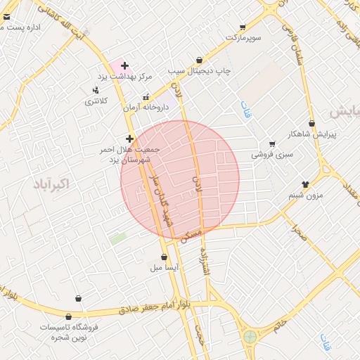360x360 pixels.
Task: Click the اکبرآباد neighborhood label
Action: pyautogui.click(x=51, y=184)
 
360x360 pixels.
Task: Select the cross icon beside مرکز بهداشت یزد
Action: pyautogui.click(x=124, y=65)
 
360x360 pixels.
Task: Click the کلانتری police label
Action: pyautogui.click(x=97, y=101)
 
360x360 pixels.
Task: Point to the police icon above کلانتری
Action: pyautogui.click(x=95, y=90)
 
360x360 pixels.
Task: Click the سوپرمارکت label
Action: pyautogui.click(x=243, y=36)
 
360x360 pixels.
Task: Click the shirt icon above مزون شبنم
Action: pyautogui.click(x=304, y=184)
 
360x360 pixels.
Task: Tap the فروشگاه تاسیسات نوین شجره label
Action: pyautogui.click(x=68, y=333)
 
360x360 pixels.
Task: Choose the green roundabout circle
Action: pyautogui.click(x=250, y=337)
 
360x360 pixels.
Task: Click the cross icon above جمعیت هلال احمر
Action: pyautogui.click(x=129, y=139)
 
